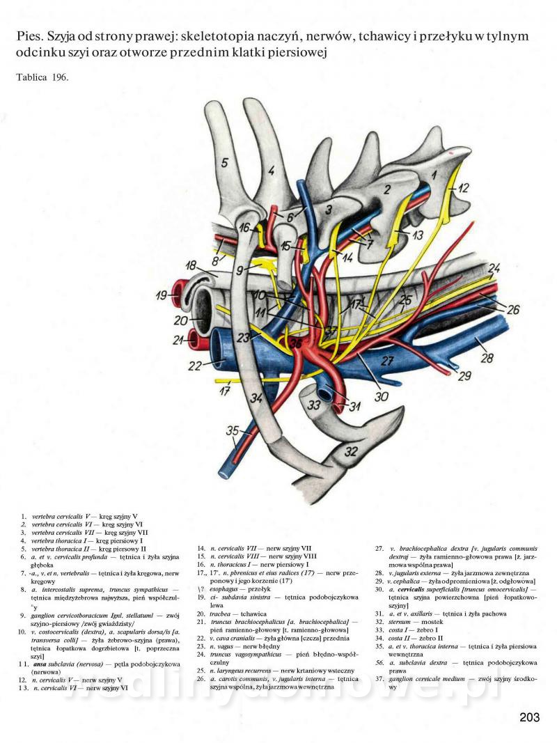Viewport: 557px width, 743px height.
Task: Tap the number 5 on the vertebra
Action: (x=224, y=162)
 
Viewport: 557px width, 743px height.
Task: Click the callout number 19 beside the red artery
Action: (x=161, y=296)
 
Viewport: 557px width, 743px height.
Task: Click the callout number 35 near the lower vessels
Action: (x=233, y=430)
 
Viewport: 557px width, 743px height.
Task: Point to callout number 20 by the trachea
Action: (x=180, y=321)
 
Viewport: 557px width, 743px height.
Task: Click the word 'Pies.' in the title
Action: (x=30, y=36)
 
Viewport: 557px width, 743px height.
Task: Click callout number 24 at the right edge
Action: (x=493, y=268)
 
